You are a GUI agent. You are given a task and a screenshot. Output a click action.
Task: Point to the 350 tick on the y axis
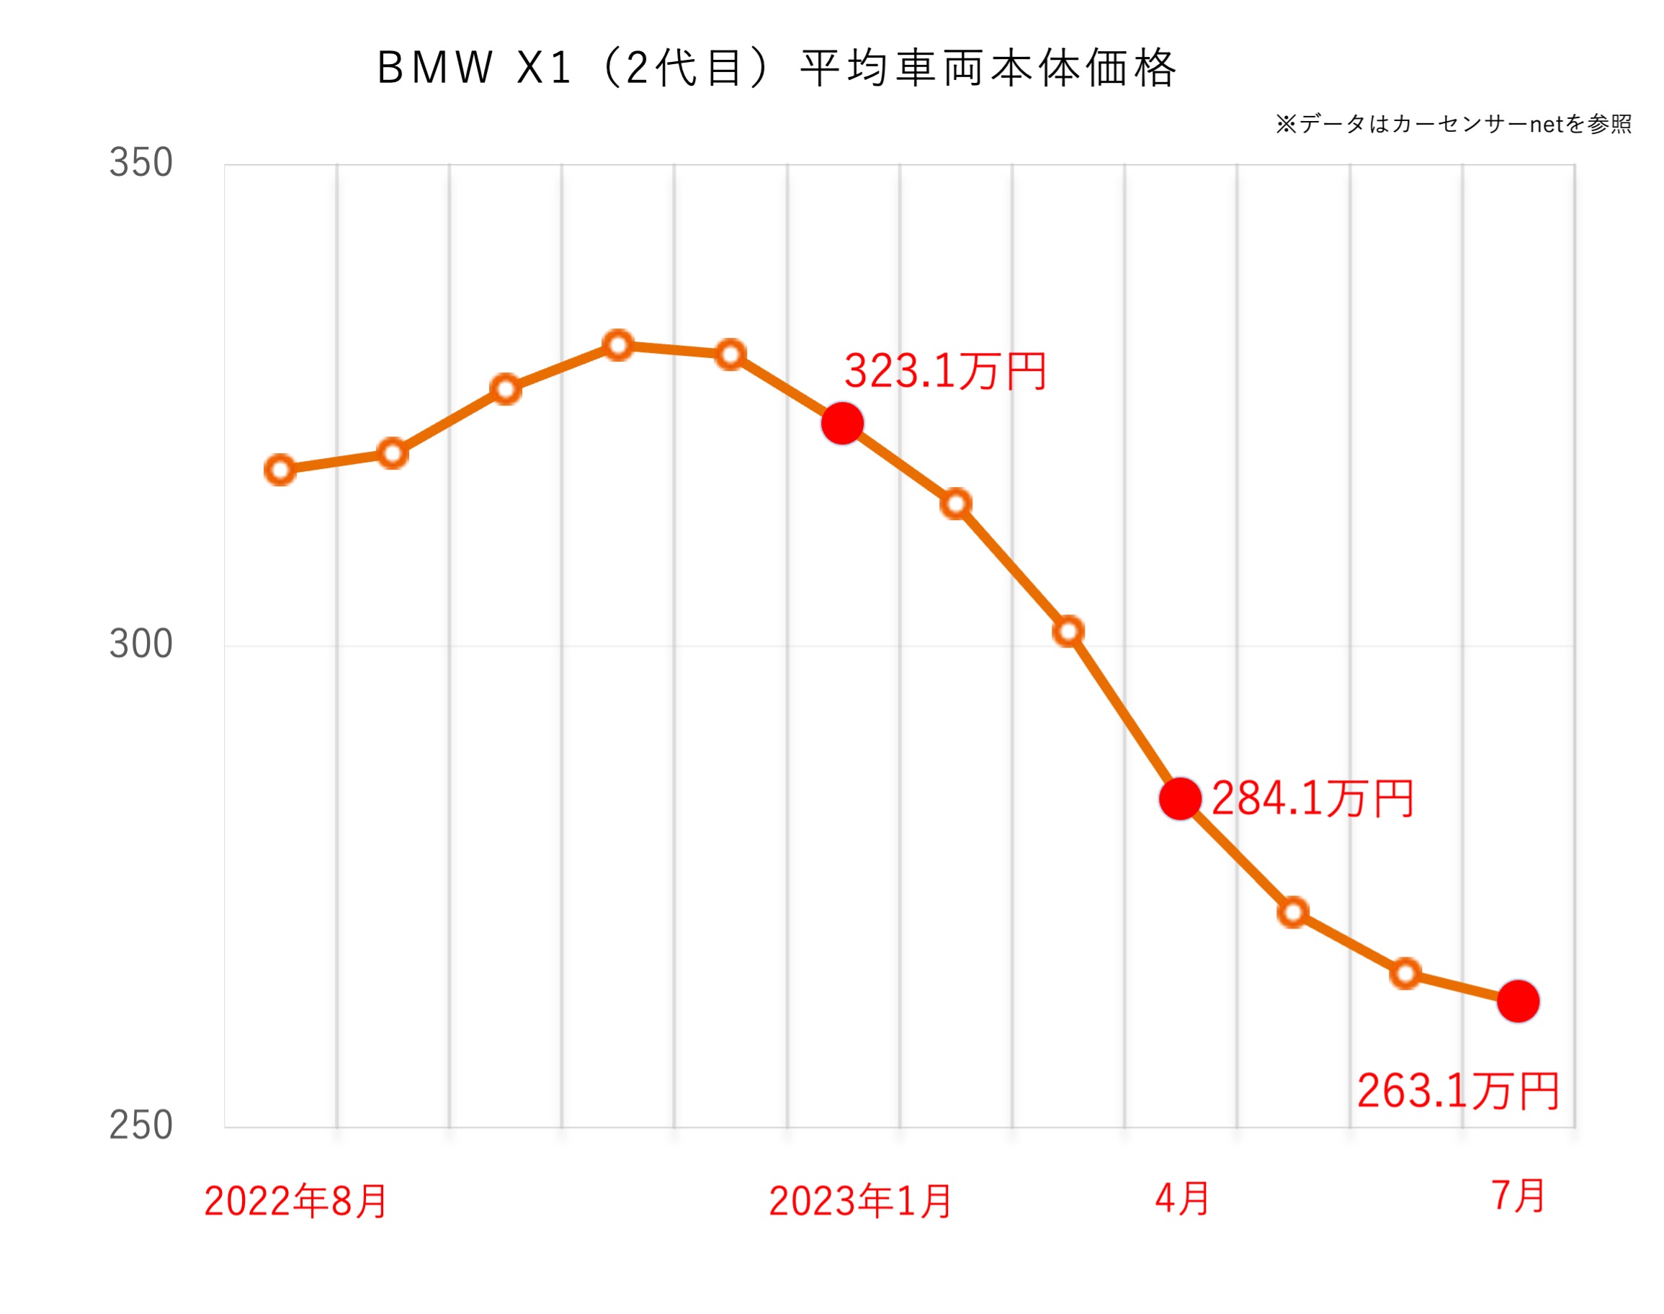click(140, 162)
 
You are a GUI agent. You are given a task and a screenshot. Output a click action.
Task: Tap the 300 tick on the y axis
click(140, 643)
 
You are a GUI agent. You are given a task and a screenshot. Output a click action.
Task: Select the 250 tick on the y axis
click(140, 1125)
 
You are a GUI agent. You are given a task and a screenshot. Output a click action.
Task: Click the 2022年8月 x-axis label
click(295, 1201)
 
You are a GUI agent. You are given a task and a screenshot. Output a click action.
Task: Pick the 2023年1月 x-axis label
click(860, 1201)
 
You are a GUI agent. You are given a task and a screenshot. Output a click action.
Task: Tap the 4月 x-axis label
click(1181, 1199)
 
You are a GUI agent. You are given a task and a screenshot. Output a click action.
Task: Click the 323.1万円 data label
click(944, 372)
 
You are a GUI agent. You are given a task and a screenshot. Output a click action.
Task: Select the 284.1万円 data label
click(1312, 798)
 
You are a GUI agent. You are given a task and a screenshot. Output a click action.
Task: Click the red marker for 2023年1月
click(842, 423)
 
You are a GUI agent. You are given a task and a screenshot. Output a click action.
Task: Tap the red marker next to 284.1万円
click(1180, 798)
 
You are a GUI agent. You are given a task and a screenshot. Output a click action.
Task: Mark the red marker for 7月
click(1518, 1001)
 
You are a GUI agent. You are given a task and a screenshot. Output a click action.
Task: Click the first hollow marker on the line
click(280, 469)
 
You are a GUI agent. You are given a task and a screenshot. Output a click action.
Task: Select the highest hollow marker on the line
click(618, 345)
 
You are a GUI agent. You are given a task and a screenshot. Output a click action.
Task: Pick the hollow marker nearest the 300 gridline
click(1068, 631)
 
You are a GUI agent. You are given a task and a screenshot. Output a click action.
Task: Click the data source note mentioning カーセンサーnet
click(1453, 124)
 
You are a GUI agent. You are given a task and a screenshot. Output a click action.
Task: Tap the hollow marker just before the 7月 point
click(1405, 974)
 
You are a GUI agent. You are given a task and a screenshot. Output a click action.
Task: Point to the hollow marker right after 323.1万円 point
click(955, 504)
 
